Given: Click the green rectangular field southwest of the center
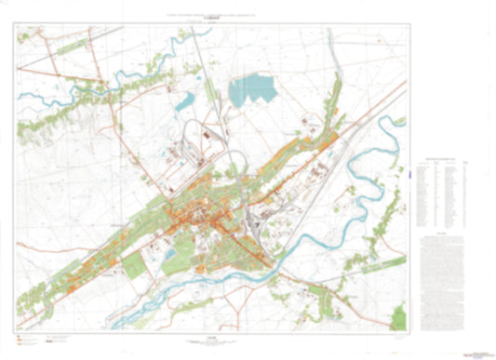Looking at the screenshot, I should pyautogui.click(x=134, y=265).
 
